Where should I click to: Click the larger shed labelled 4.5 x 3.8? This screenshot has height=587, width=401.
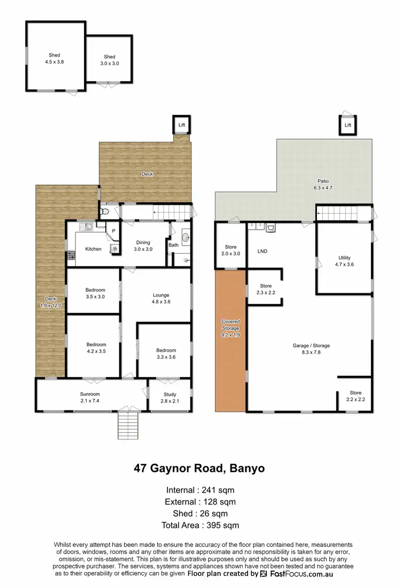[54, 58]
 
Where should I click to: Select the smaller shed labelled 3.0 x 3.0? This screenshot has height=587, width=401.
[110, 59]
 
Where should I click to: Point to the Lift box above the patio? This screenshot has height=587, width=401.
[348, 125]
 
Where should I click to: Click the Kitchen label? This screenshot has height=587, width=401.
[93, 249]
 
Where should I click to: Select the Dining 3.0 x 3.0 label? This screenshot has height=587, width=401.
[143, 246]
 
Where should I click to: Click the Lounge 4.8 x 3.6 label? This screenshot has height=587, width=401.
[160, 298]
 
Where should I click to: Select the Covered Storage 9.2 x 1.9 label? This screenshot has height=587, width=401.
[230, 327]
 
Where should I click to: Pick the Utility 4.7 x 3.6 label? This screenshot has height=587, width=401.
[344, 261]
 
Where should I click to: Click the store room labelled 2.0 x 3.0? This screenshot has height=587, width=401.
[230, 250]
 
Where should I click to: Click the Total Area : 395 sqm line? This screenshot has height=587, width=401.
[200, 525]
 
